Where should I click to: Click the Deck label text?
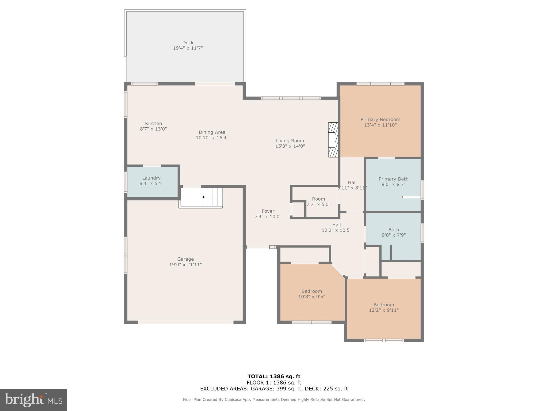pyautogui.click(x=188, y=43)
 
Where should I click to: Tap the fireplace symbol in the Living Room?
pyautogui.click(x=333, y=139)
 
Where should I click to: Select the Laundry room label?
pyautogui.click(x=151, y=178)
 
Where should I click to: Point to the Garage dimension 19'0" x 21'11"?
pyautogui.click(x=185, y=265)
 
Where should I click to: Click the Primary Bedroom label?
pyautogui.click(x=380, y=120)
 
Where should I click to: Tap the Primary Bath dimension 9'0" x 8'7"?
pyautogui.click(x=393, y=184)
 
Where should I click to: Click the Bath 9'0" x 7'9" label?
pyautogui.click(x=394, y=232)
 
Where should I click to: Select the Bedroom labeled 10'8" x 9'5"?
pyautogui.click(x=311, y=294)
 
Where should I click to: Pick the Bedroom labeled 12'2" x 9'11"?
pyautogui.click(x=384, y=307)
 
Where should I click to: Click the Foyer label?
pyautogui.click(x=268, y=211)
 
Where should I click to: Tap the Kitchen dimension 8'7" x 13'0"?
pyautogui.click(x=153, y=129)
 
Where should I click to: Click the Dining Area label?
pyautogui.click(x=212, y=132)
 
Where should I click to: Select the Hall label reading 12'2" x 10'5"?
pyautogui.click(x=336, y=227)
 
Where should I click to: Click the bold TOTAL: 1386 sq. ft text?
pyautogui.click(x=274, y=376)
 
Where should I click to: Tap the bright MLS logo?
pyautogui.click(x=33, y=400)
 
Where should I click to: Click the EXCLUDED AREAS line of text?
pyautogui.click(x=274, y=389)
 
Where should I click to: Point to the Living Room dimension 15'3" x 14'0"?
pyautogui.click(x=290, y=146)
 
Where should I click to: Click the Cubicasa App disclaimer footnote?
pyautogui.click(x=274, y=399)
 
